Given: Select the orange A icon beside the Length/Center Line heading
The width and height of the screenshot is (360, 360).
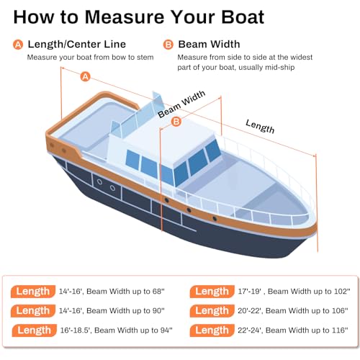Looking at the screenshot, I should coord(18,45).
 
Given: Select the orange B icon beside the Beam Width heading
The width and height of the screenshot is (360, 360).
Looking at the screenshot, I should coord(167,45).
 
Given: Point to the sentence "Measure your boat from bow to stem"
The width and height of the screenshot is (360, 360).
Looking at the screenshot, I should coord(89,57).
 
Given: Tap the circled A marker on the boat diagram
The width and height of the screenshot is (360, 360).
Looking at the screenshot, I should coord(85,76).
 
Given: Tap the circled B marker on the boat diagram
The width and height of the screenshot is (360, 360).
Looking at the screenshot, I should coord(176,122).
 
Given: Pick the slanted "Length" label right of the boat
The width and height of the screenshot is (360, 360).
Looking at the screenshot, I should coord(260,126).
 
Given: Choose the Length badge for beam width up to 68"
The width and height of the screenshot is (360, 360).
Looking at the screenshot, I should coord(33,292).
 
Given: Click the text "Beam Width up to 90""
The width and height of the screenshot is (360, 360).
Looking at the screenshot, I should coord(129,311).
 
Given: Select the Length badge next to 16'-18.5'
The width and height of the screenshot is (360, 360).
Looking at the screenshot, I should coord(33,330).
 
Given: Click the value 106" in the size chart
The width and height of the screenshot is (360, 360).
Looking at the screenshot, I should coord(336,311).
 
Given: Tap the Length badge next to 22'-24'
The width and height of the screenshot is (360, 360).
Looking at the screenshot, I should coord(212,330).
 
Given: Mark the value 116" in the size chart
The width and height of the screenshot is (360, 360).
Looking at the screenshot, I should coord(336,330).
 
